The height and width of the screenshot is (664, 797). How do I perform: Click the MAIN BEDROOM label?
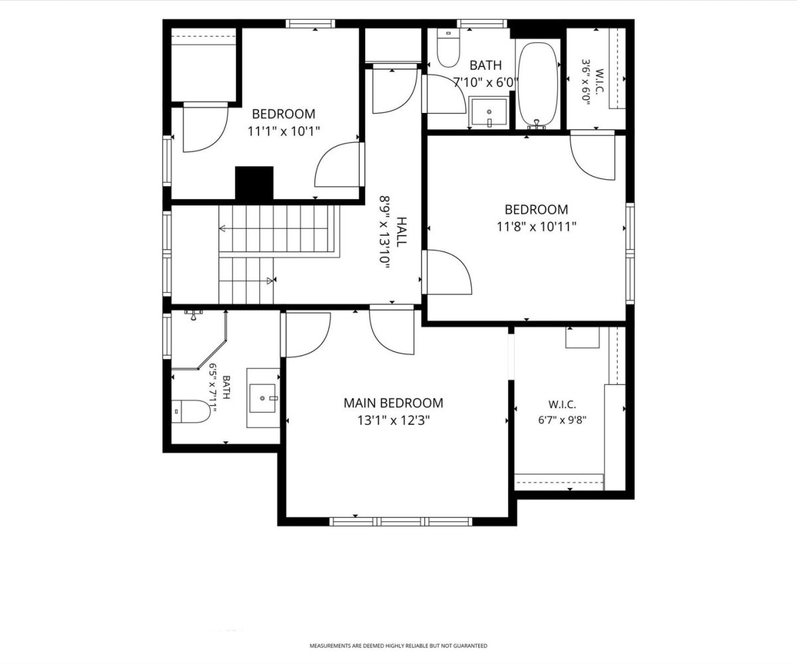[x=393, y=403]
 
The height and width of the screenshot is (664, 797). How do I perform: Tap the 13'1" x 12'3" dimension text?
[x=394, y=420]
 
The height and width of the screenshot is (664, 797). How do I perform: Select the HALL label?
[x=402, y=232]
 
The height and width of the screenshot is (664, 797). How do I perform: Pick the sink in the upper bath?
[x=489, y=112]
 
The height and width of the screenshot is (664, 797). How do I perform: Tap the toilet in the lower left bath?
[x=191, y=412]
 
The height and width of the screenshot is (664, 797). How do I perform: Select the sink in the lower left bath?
[x=262, y=398]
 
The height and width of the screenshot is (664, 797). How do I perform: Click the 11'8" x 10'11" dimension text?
[x=536, y=227]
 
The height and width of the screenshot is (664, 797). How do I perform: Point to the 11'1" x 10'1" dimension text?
[x=284, y=131]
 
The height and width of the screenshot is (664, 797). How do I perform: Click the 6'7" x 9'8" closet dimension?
[x=563, y=420]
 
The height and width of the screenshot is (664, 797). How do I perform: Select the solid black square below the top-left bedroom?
[x=254, y=183]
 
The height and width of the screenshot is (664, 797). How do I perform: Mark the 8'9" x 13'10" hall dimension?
[x=385, y=232]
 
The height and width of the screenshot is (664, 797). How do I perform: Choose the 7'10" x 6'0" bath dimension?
[x=486, y=82]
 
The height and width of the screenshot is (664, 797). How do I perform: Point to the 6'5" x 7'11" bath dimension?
[x=213, y=387]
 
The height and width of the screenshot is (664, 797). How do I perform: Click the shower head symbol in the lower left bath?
[x=194, y=315]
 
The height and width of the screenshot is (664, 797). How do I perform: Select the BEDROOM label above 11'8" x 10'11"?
[x=536, y=210]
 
